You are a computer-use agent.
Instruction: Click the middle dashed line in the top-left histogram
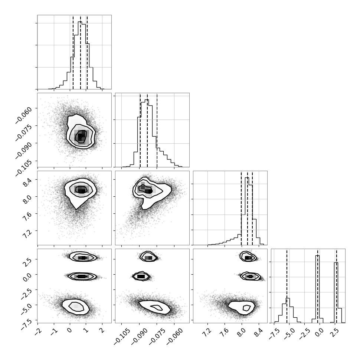point(81,52)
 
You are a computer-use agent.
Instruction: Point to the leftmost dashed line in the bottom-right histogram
point(287,286)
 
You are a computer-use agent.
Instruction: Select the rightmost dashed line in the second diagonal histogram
point(157,130)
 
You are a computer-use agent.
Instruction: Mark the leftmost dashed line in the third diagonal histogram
point(241,208)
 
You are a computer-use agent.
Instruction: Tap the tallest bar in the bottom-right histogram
point(318,289)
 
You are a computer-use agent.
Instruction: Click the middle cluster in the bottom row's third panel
point(250,276)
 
